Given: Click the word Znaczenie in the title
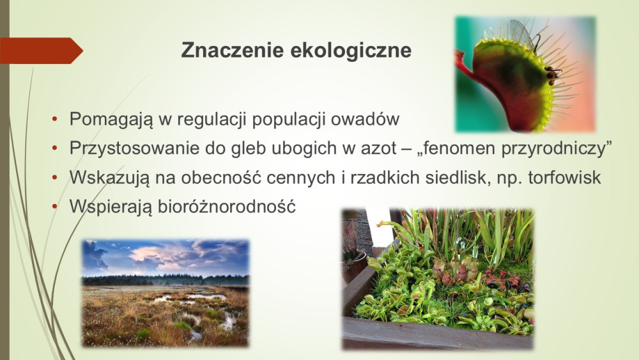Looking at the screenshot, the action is (233, 50).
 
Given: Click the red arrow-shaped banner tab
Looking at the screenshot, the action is (41, 51).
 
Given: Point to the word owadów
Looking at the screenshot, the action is (365, 119).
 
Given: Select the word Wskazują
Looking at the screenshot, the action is (110, 178).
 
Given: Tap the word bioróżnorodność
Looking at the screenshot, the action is (227, 207).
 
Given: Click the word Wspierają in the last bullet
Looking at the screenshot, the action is (111, 207).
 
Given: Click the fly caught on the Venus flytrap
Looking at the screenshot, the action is (552, 74).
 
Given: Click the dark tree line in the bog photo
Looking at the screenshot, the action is (165, 279).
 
